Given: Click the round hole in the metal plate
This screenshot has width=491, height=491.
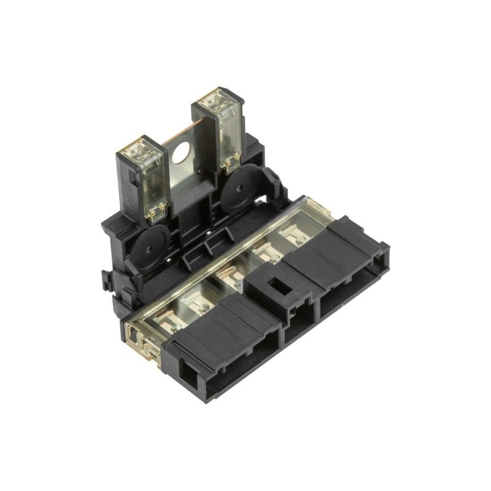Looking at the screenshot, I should point(182,153).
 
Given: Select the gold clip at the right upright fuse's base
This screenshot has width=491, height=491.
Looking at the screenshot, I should point(231,163).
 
